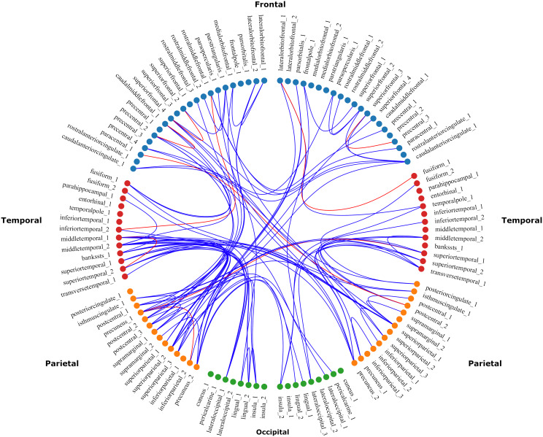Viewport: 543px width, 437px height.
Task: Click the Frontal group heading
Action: pos(271,5)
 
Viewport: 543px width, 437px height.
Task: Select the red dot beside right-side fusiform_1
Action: pos(414,176)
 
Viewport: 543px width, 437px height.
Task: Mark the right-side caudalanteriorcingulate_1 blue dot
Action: pos(407,161)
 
